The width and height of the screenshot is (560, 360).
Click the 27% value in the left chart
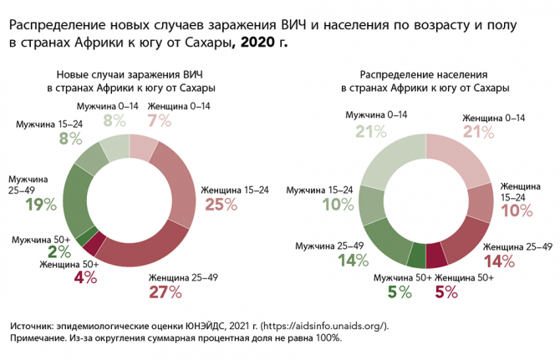click(x=165, y=292)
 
